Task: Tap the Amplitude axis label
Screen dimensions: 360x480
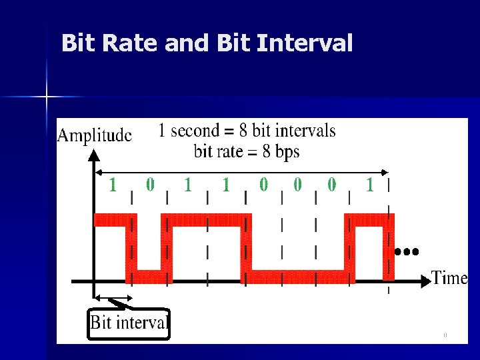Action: pos(94,135)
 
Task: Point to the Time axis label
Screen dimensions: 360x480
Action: pos(449,277)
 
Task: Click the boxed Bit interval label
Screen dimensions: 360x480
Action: pos(129,324)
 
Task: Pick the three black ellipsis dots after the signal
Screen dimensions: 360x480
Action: pos(406,252)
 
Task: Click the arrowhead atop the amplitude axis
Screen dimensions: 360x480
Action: pos(95,155)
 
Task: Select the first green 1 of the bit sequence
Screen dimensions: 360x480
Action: pos(113,185)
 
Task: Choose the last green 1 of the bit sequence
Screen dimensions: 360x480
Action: pos(370,185)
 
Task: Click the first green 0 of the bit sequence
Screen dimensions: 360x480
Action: pos(150,184)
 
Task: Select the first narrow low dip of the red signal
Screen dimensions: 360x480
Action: pos(149,276)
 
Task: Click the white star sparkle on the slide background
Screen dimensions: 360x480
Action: pos(47,97)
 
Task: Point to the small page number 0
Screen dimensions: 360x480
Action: pos(445,335)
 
